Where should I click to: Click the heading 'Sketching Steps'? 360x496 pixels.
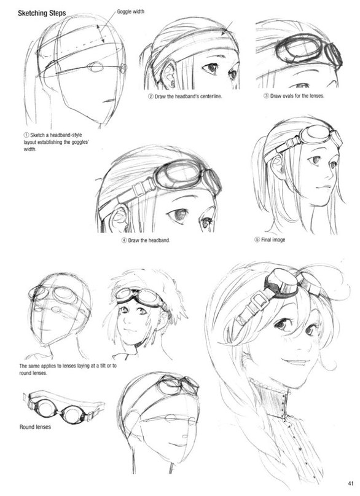(x=42, y=14)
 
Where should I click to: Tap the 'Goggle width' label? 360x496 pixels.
(x=130, y=12)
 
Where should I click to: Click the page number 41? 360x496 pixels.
(x=351, y=483)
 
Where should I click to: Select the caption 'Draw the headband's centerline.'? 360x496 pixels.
(x=185, y=96)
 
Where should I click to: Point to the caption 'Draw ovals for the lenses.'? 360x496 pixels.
(x=294, y=95)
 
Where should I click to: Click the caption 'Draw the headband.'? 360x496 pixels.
(x=146, y=240)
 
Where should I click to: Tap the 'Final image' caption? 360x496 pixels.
(x=270, y=240)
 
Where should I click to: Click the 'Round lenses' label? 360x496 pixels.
(x=35, y=427)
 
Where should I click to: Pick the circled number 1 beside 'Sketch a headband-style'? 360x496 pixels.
(x=26, y=135)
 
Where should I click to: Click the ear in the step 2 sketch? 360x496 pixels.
(x=168, y=74)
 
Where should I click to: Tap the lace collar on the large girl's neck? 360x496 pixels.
(x=268, y=387)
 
